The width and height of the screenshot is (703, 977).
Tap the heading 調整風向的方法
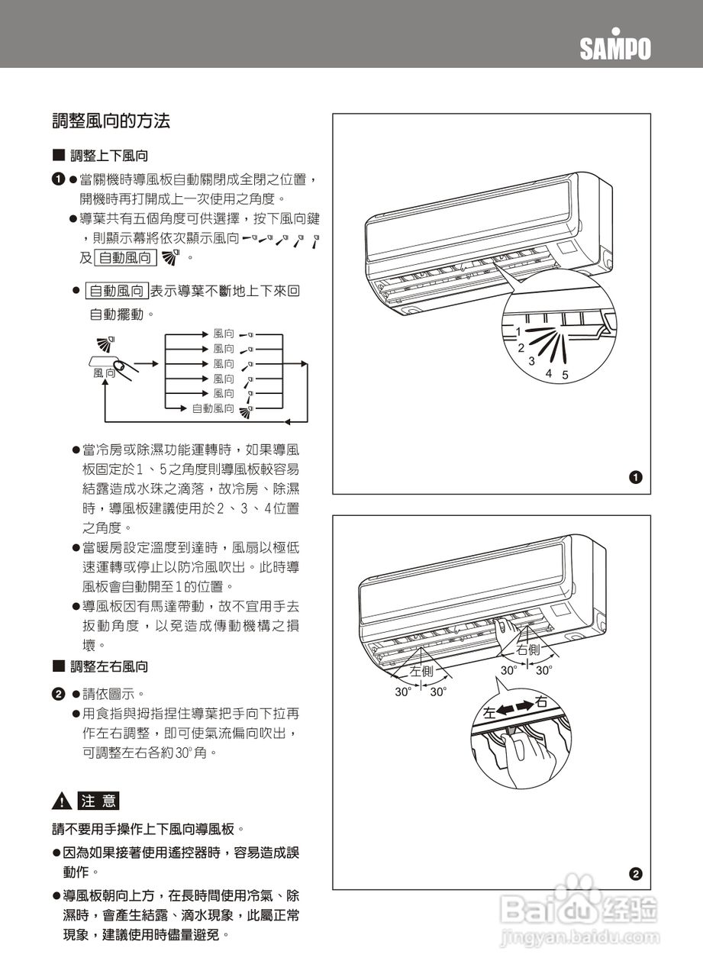[111, 121]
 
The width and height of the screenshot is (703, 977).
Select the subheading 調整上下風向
[109, 156]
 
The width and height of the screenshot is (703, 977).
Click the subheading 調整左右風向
[109, 666]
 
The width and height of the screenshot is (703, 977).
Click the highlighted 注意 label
[98, 801]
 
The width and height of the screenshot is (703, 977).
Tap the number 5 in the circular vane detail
[565, 376]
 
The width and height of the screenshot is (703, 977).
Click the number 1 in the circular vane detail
[518, 332]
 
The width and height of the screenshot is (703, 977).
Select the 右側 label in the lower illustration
[528, 650]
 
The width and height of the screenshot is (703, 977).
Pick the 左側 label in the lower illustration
[421, 671]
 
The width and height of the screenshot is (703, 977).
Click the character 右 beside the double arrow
[542, 701]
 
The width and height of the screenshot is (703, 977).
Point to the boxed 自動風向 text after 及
[125, 258]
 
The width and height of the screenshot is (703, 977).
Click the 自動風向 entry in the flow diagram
[213, 409]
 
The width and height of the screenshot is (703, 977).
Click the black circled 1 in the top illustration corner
[636, 478]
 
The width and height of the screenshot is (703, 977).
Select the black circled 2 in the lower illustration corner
[636, 874]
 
